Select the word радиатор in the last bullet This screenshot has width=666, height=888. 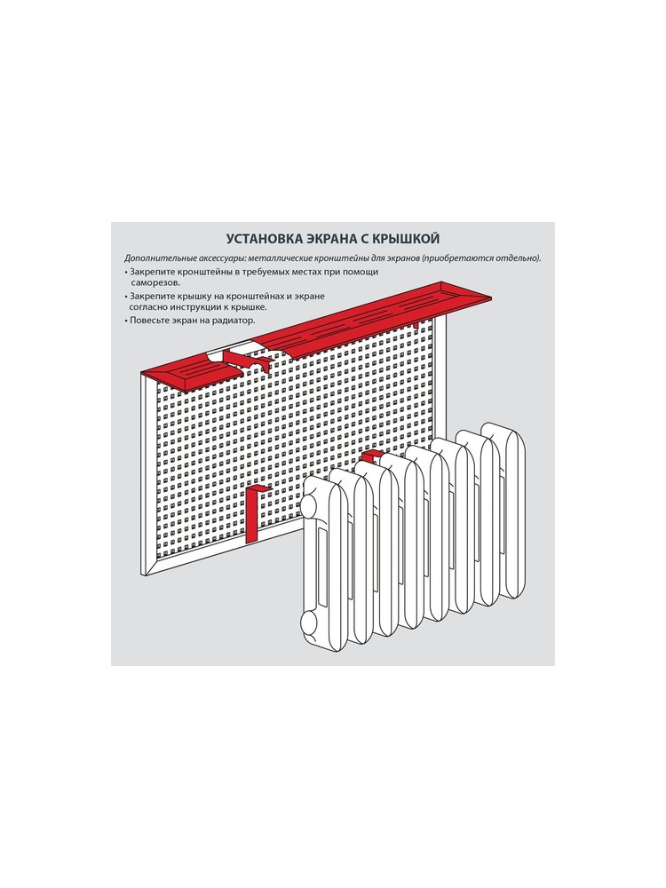click(x=235, y=321)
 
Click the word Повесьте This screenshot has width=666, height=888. click(x=147, y=320)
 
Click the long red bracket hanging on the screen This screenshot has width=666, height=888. click(x=254, y=512)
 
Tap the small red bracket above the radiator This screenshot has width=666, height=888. click(x=372, y=456)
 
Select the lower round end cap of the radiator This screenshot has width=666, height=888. click(x=309, y=623)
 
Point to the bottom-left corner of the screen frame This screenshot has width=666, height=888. click(x=140, y=576)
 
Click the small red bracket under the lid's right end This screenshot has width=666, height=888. click(x=416, y=325)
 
